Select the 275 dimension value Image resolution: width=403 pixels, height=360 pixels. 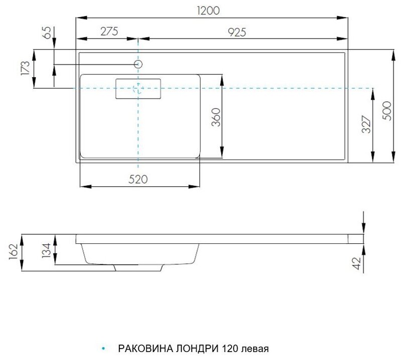[x=108, y=32]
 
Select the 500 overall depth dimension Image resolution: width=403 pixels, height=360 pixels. [x=386, y=109]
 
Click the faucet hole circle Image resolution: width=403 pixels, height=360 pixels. [x=139, y=64]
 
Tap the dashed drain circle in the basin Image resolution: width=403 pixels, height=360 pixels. [x=138, y=89]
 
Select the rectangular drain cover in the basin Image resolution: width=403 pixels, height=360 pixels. [x=138, y=89]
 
